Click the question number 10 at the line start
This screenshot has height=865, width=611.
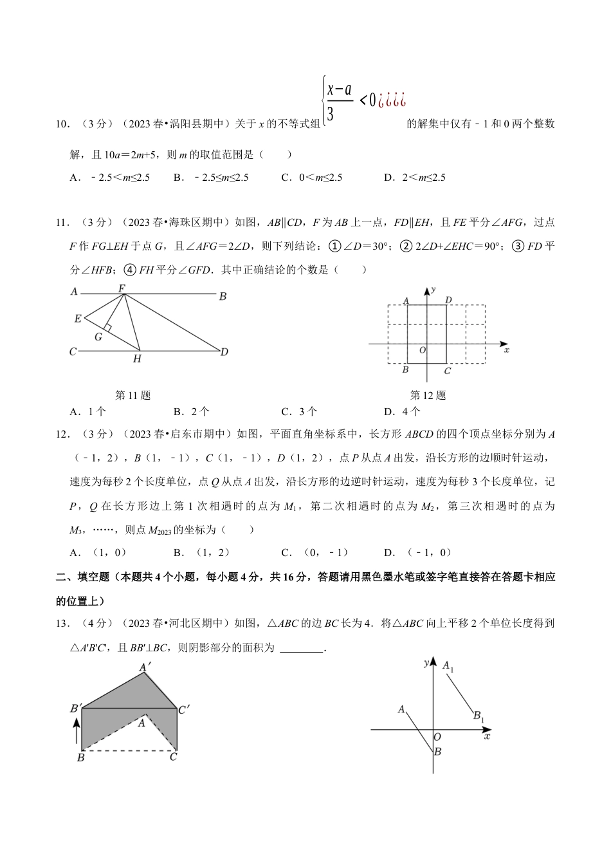click(x=62, y=124)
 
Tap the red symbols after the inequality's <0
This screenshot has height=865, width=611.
click(x=392, y=100)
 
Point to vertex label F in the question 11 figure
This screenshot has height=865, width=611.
click(x=122, y=288)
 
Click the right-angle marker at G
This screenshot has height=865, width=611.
click(x=107, y=328)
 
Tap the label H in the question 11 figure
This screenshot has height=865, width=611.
click(x=137, y=359)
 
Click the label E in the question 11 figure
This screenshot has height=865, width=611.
click(x=78, y=319)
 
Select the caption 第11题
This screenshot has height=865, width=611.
click(x=132, y=395)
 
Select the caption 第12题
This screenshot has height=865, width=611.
click(x=428, y=395)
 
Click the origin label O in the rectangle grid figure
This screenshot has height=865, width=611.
click(x=422, y=350)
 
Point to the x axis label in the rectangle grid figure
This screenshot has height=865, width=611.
click(x=507, y=350)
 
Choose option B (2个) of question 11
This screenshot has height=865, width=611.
click(x=191, y=412)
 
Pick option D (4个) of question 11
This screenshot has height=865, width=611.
click(x=402, y=412)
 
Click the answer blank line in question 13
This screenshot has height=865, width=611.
click(x=302, y=649)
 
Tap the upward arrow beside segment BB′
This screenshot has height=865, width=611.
click(x=77, y=731)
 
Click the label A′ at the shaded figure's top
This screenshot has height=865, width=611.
click(x=146, y=668)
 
